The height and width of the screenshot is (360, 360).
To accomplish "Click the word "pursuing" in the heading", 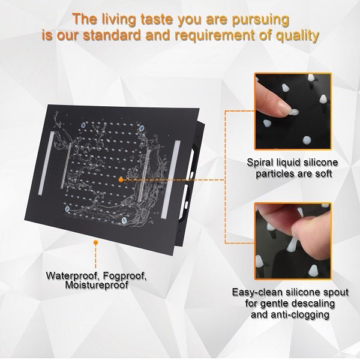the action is [x=260, y=20].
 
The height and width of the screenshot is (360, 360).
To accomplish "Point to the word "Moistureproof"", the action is [x=97, y=285].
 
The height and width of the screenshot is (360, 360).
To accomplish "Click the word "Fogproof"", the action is [x=125, y=276].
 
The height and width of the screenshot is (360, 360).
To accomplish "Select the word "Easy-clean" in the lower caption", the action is [x=257, y=293].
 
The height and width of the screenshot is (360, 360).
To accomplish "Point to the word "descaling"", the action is [x=313, y=304].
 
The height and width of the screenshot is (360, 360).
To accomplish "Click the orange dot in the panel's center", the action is [x=121, y=180].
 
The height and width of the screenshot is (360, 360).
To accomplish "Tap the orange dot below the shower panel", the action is [x=96, y=242].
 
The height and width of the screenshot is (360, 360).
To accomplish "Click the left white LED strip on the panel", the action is [x=46, y=163].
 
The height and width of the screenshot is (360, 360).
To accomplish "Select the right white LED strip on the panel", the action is [x=170, y=179].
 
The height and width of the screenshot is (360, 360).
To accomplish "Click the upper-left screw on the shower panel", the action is [x=83, y=125].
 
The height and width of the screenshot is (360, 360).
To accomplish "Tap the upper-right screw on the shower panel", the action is [x=142, y=128].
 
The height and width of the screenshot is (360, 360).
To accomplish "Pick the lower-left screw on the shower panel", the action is [x=67, y=209].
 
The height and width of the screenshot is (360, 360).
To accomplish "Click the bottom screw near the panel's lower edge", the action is [x=124, y=220].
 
